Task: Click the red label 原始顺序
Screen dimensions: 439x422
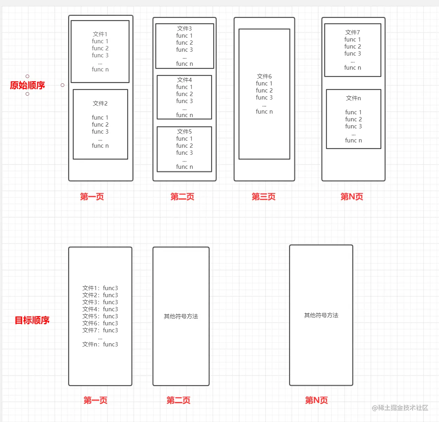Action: click(x=27, y=85)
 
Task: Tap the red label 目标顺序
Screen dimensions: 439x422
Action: click(x=32, y=320)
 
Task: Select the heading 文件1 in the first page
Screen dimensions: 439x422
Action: click(x=100, y=34)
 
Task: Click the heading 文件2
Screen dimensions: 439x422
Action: click(x=100, y=103)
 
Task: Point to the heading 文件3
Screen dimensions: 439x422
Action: click(x=184, y=28)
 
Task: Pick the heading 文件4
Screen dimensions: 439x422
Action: click(x=184, y=80)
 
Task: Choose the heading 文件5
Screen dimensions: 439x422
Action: click(x=184, y=132)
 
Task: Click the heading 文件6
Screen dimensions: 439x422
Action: click(x=264, y=76)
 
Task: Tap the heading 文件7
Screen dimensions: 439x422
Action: click(x=353, y=32)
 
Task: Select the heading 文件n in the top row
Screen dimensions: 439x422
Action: click(x=353, y=98)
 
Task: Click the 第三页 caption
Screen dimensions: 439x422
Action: click(x=263, y=197)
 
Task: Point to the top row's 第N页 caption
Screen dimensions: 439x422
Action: click(x=352, y=197)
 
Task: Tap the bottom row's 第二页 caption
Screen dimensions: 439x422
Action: click(x=178, y=400)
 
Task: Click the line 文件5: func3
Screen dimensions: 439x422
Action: click(x=100, y=316)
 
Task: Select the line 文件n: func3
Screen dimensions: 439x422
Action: click(x=100, y=344)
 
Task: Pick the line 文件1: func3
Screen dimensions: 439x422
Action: click(x=100, y=288)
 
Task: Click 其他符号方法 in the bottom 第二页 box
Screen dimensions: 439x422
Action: click(x=181, y=316)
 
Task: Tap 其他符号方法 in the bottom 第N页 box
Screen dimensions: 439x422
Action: click(x=321, y=315)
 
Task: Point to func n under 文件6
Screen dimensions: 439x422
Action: click(x=264, y=111)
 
